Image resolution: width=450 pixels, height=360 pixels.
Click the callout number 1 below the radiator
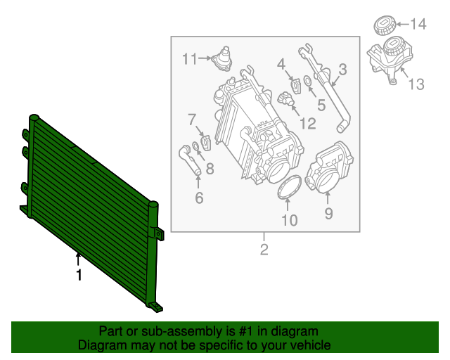[79, 276]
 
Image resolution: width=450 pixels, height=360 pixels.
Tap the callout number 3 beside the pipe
[342, 69]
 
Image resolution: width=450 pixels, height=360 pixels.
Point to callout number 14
[418, 25]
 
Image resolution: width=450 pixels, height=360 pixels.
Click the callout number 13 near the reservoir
[416, 84]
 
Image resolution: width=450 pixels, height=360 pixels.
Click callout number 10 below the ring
[289, 221]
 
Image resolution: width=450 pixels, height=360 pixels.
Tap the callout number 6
[199, 199]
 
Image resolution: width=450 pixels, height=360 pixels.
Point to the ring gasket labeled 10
[289, 189]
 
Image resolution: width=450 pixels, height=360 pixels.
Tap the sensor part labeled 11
[224, 57]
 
